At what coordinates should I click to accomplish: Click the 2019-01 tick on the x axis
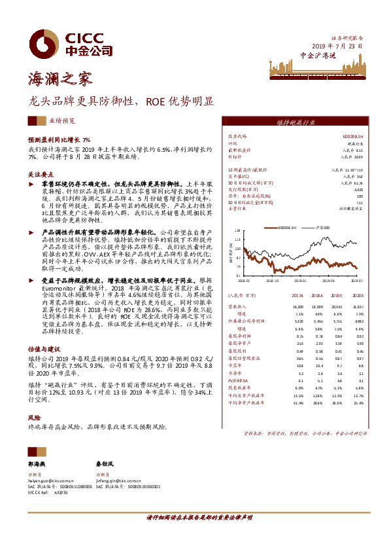coord(299,279)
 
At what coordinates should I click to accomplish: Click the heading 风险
coord(33,416)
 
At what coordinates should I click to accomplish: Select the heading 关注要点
coord(41,175)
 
